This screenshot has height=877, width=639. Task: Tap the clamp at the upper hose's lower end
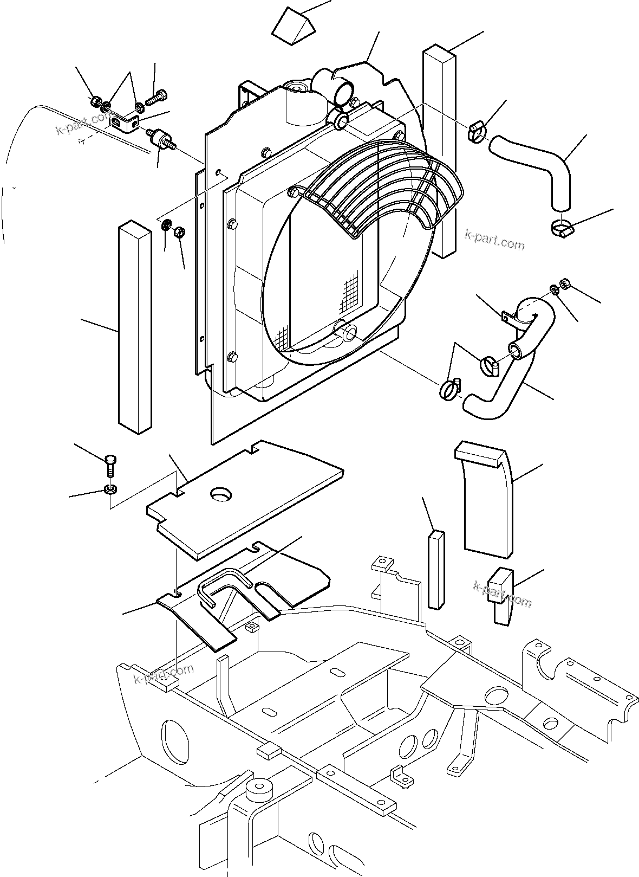560,229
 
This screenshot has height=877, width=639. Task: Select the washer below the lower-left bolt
110,490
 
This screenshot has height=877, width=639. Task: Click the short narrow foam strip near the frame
436,569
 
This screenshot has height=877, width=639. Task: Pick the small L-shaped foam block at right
501,595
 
